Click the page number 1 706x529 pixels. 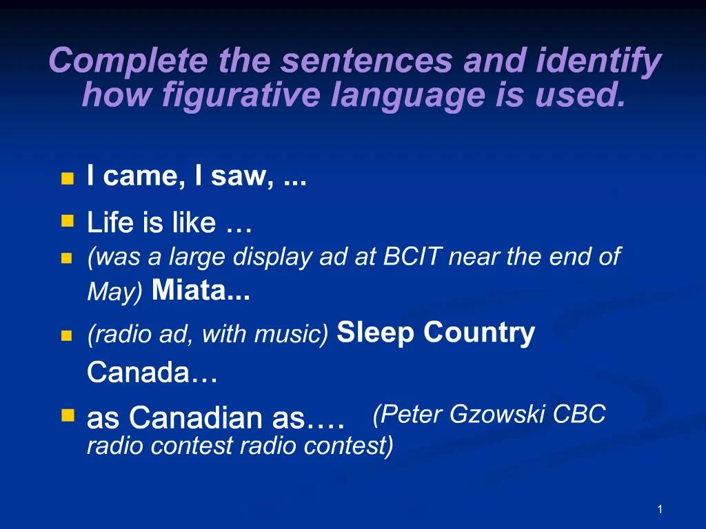(660, 509)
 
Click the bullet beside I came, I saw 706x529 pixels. (67, 179)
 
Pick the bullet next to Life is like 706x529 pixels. (67, 221)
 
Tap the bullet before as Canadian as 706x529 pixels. (67, 415)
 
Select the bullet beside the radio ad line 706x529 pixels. (67, 336)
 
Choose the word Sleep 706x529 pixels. (376, 333)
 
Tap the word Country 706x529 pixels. (479, 333)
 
